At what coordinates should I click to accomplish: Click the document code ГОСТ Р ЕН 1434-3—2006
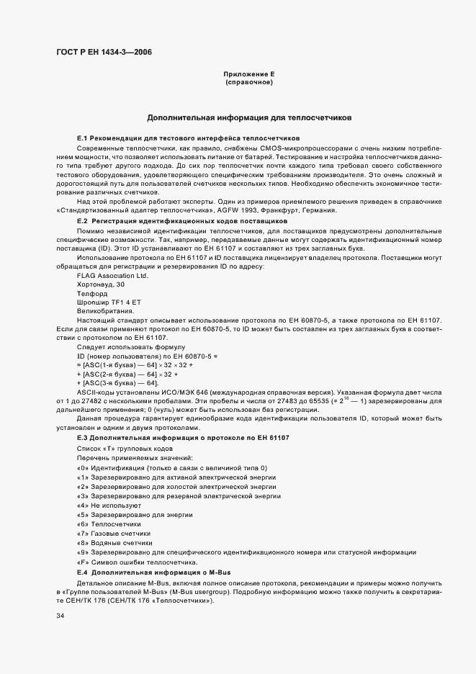click(x=104, y=52)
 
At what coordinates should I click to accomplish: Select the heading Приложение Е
click(x=249, y=75)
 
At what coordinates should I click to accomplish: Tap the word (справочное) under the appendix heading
click(x=249, y=83)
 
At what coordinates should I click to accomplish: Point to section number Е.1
click(x=81, y=138)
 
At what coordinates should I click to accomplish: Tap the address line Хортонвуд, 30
click(x=100, y=284)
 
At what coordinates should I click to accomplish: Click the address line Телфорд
click(x=91, y=294)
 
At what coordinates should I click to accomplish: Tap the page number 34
click(x=60, y=616)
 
